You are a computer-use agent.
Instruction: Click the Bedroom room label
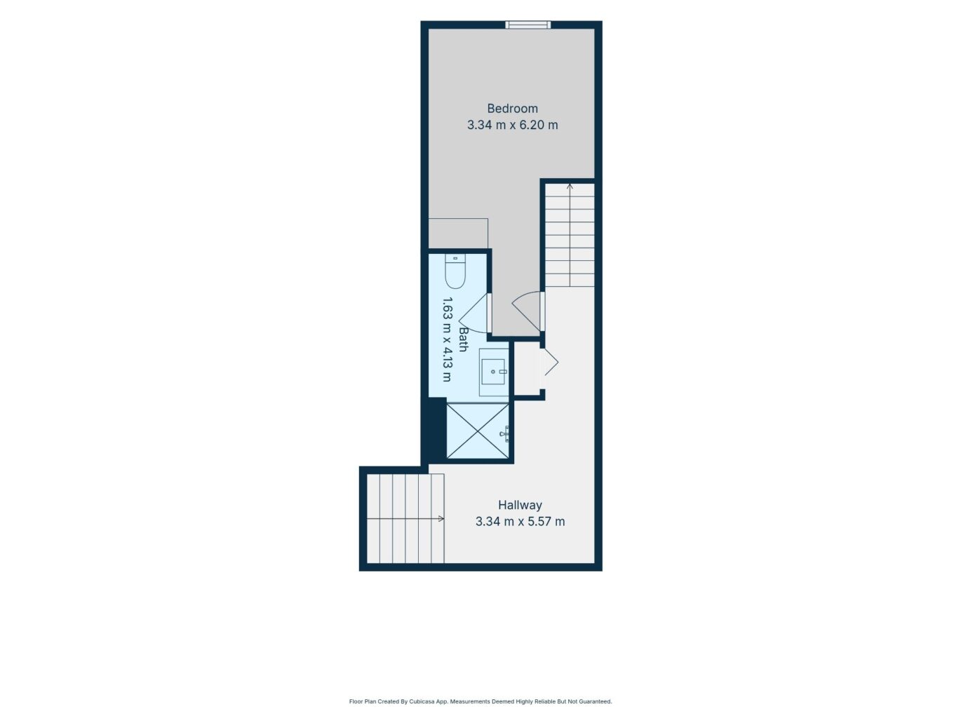pos(512,108)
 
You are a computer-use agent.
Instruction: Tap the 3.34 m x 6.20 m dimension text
pos(512,126)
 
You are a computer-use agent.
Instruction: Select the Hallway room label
pos(520,505)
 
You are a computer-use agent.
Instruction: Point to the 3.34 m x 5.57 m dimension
pos(520,521)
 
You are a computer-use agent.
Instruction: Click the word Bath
pos(463,339)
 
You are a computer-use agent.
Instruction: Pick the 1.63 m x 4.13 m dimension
pos(447,339)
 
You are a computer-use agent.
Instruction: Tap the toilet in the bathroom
pos(455,271)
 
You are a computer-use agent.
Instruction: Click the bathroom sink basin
pos(493,372)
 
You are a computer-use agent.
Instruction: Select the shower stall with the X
pos(478,431)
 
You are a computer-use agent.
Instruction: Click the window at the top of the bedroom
pos(528,25)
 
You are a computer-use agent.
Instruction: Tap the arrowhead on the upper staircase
pos(570,187)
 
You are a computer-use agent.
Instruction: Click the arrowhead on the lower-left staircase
pos(441,519)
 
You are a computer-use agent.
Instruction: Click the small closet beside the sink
pos(527,369)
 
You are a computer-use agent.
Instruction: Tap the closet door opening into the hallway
pos(551,362)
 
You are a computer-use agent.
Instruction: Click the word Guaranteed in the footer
pos(596,701)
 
